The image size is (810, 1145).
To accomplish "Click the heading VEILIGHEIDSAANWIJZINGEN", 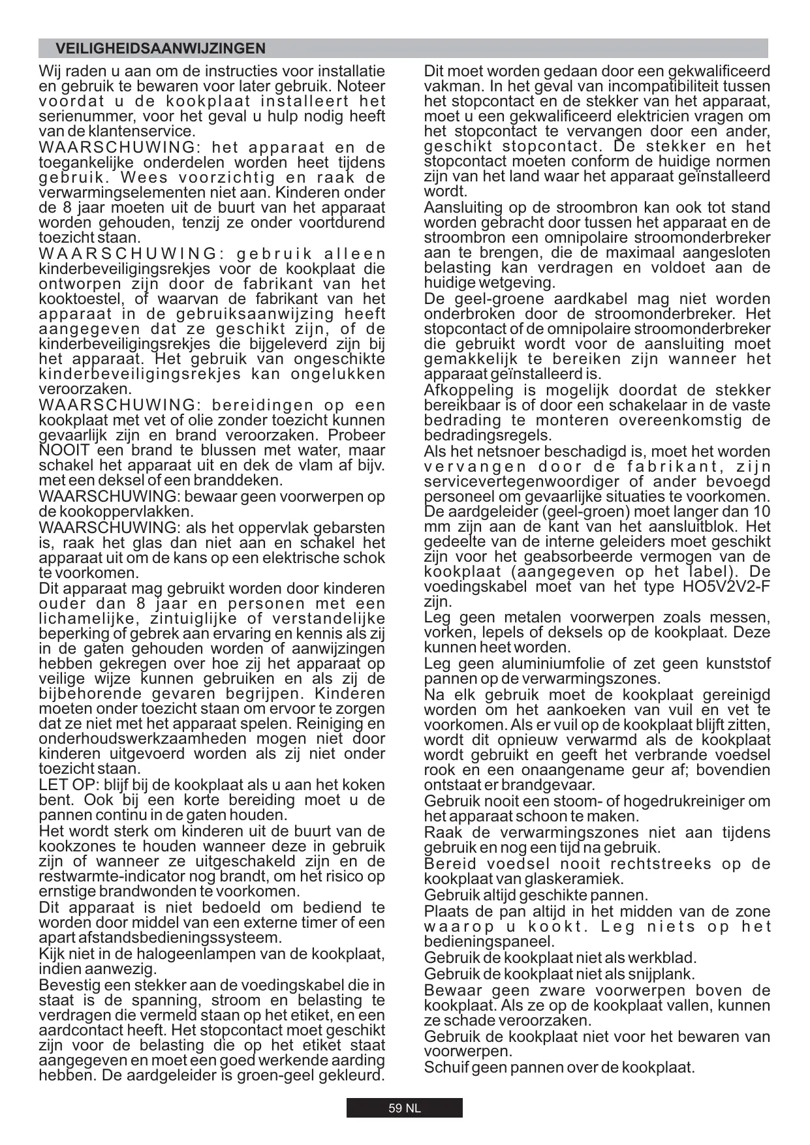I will point(161,49).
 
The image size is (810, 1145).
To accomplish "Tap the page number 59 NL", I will point(405,1108).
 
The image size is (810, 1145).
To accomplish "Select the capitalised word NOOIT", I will point(58,451).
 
